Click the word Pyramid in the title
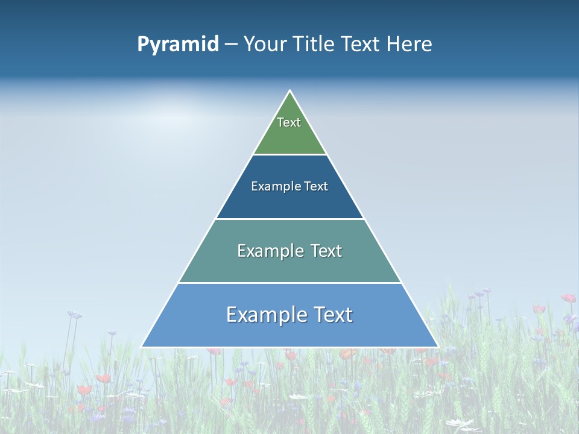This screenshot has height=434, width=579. click(178, 45)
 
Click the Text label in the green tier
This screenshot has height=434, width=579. click(289, 122)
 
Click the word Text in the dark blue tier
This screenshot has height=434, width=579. click(316, 186)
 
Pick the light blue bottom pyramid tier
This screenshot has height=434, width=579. click(289, 332)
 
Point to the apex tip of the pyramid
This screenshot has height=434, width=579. click(290, 91)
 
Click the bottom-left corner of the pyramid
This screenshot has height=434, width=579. click(142, 347)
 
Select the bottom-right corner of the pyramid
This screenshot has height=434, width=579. click(438, 347)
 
